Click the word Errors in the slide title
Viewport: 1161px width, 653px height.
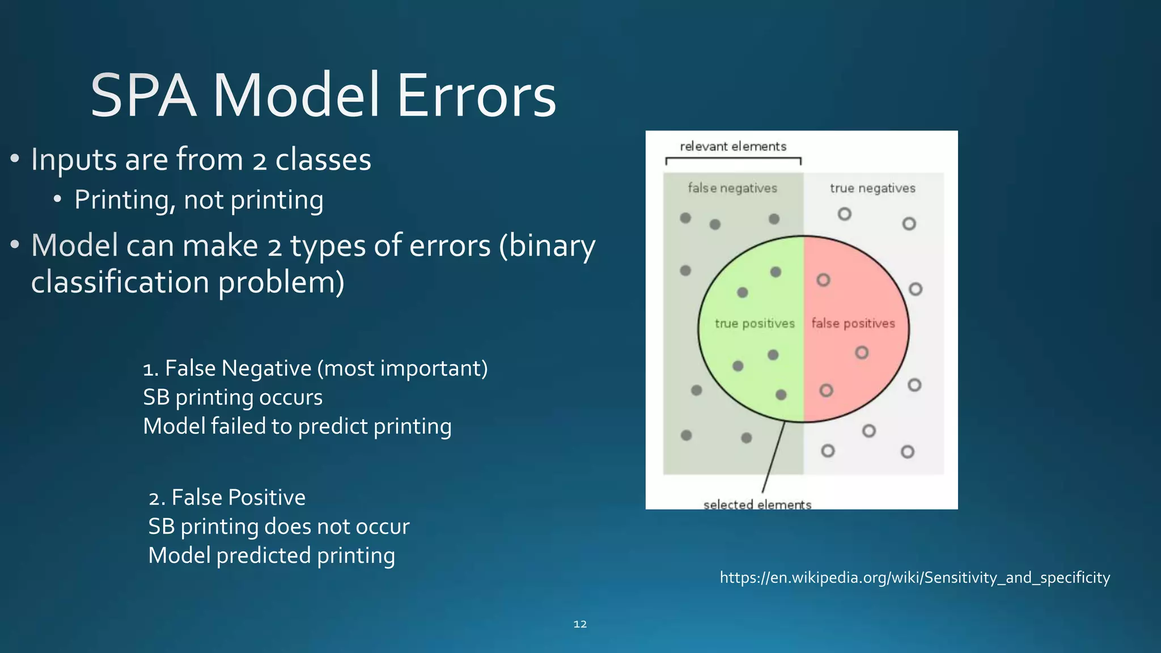(x=476, y=96)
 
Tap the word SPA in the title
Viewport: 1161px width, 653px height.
(x=143, y=96)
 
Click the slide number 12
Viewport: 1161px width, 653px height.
(x=580, y=624)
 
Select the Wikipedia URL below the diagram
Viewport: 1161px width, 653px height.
(x=914, y=578)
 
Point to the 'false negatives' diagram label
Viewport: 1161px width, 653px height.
(x=732, y=188)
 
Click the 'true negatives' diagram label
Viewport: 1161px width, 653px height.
(x=872, y=188)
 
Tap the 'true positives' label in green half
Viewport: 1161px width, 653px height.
(x=755, y=324)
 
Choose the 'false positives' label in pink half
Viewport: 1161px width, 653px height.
(x=853, y=324)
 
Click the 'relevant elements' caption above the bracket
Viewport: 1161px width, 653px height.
(x=733, y=147)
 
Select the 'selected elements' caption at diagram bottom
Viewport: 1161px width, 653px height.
(x=757, y=504)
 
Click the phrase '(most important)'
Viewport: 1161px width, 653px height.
(x=402, y=369)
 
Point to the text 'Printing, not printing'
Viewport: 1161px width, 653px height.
(x=199, y=201)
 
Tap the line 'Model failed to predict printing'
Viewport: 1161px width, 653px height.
(x=297, y=427)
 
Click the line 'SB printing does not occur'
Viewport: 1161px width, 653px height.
(x=279, y=527)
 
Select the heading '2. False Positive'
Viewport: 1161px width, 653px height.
(x=227, y=498)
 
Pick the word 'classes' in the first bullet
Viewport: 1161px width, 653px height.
(x=323, y=160)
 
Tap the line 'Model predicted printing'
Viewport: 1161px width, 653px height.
(x=272, y=556)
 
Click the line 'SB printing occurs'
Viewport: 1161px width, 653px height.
(x=232, y=398)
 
